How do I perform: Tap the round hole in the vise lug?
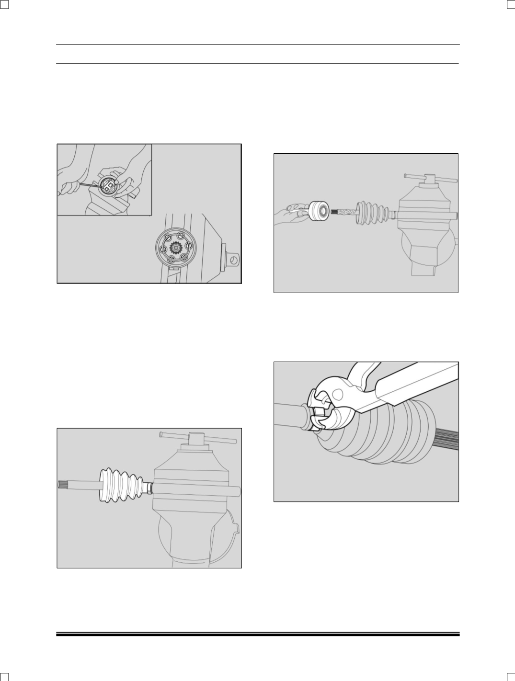tap(233, 260)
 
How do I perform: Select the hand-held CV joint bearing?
tap(318, 211)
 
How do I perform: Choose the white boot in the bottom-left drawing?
tap(120, 485)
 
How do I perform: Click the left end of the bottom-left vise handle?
tap(161, 434)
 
